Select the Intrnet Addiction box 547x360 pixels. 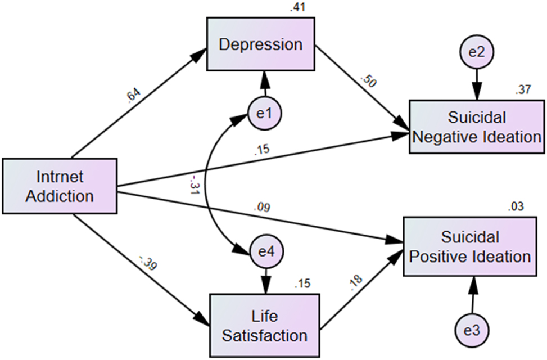[x=60, y=187]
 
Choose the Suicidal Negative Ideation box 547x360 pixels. [x=477, y=127]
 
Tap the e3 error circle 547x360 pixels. [x=472, y=328]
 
